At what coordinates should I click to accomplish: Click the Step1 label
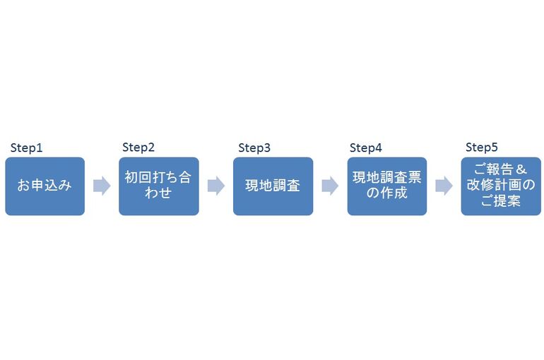click(26, 148)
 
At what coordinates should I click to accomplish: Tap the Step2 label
click(138, 148)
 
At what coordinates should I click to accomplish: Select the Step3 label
click(254, 148)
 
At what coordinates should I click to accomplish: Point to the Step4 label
click(366, 148)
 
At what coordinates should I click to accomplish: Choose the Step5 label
click(482, 148)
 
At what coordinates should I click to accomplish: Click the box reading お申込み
click(45, 186)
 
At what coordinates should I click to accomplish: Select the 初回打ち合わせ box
click(159, 186)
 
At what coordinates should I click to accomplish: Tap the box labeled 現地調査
click(273, 186)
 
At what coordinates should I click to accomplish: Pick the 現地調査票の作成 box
click(387, 186)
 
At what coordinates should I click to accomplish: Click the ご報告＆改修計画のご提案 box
click(501, 186)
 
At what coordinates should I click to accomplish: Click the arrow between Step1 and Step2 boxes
click(102, 186)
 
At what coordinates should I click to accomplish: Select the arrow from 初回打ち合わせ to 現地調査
click(216, 186)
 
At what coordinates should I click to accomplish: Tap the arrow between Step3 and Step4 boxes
click(331, 186)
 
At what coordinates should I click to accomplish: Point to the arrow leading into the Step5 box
click(444, 186)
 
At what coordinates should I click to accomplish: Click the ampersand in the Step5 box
click(521, 169)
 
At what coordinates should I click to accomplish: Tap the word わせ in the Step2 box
click(158, 193)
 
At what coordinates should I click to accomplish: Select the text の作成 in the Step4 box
click(387, 193)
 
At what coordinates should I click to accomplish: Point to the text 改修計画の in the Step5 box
click(501, 185)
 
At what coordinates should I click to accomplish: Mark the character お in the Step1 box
click(23, 186)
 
